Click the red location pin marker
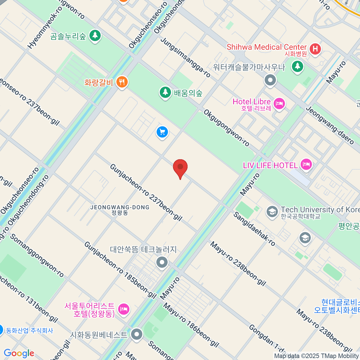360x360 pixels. coord(180,167)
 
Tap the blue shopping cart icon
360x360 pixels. coord(162,132)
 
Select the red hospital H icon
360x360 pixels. coord(315,49)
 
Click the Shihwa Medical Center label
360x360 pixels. coord(266,47)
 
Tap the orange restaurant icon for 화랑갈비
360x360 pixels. coord(122,82)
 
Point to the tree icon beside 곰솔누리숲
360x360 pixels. coord(95,36)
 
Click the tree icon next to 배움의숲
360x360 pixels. coord(165,92)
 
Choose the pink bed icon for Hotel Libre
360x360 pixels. coord(279,104)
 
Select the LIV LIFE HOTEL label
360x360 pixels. coord(270,165)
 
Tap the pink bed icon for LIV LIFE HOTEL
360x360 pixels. coord(306,164)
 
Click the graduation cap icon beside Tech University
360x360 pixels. coord(272,212)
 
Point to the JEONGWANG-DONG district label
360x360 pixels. coord(120,208)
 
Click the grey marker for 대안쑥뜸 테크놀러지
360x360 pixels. coord(162,262)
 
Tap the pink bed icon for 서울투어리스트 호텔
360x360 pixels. coord(124,309)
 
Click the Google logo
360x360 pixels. coord(19,353)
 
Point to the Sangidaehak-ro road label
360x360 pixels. coord(254,229)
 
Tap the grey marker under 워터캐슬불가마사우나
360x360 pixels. coord(270,80)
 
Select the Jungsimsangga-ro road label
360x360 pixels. coord(186,57)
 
